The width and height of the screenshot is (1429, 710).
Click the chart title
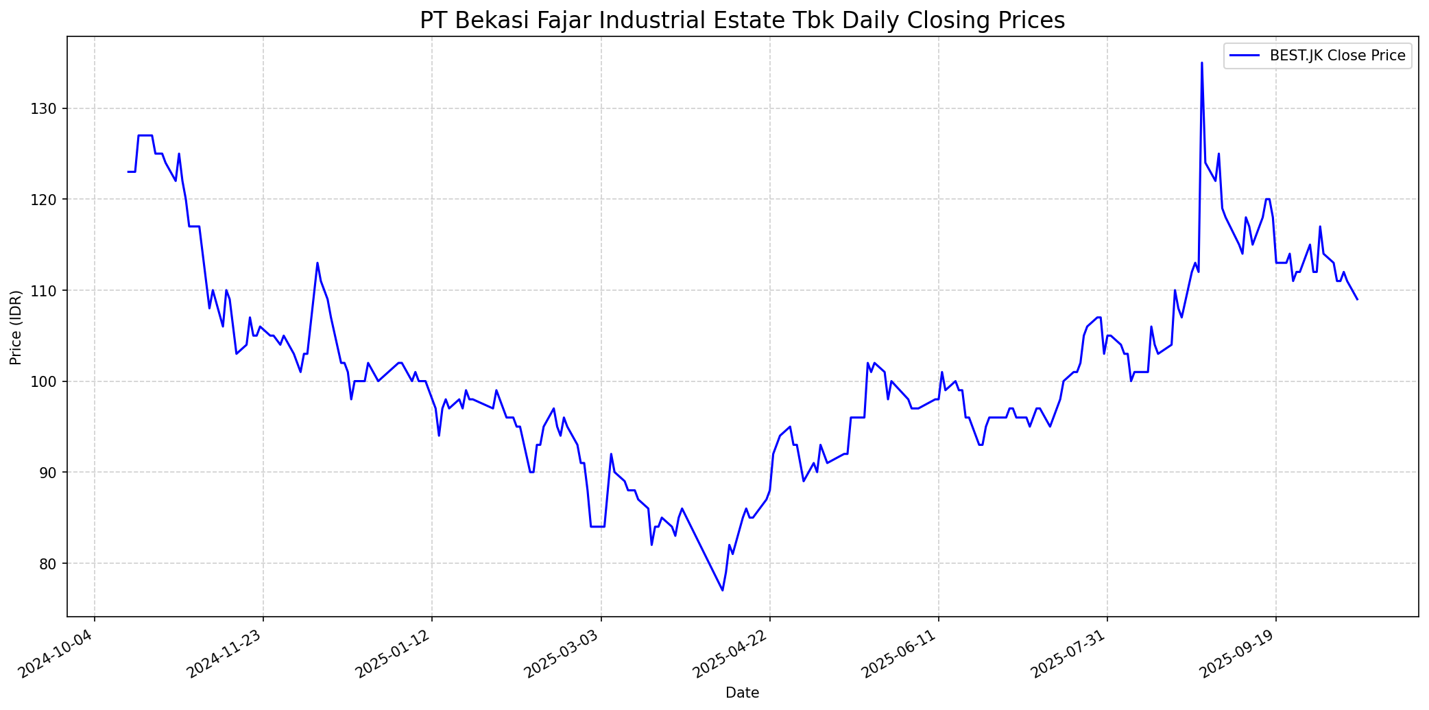[742, 21]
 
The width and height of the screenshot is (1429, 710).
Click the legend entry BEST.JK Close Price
[1337, 56]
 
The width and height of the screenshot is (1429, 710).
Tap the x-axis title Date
[742, 693]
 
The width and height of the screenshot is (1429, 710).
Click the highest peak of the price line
[1201, 63]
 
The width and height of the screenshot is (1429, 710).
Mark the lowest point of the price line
[722, 590]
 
